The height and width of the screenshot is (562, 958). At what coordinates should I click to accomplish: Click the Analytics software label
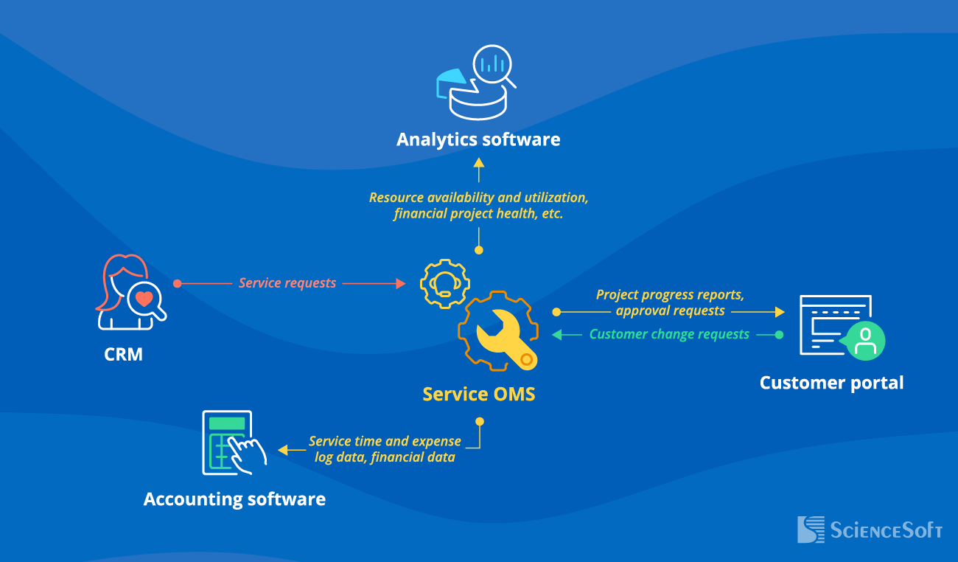(478, 139)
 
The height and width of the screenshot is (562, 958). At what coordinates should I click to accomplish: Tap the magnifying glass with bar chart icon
(493, 66)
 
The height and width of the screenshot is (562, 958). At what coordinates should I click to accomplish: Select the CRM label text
(123, 355)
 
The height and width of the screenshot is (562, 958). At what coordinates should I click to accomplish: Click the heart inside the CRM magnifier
(144, 299)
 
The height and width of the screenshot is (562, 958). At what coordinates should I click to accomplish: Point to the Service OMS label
(478, 395)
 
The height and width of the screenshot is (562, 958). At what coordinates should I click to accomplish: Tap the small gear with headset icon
(444, 283)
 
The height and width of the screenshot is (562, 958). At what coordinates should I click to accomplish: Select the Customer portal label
(831, 383)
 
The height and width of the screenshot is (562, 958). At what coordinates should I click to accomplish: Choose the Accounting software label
(234, 499)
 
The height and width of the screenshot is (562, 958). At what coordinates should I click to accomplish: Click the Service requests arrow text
(287, 283)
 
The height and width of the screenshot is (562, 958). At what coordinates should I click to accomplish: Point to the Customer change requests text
(669, 335)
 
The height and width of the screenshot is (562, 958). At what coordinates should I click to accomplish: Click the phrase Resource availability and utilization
(479, 198)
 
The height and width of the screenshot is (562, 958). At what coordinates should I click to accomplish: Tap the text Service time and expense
(385, 441)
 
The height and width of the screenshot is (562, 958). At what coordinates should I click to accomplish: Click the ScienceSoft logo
(870, 530)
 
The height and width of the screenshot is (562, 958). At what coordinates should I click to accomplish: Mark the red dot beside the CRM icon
(177, 283)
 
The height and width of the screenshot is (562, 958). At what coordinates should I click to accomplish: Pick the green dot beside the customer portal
(779, 335)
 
